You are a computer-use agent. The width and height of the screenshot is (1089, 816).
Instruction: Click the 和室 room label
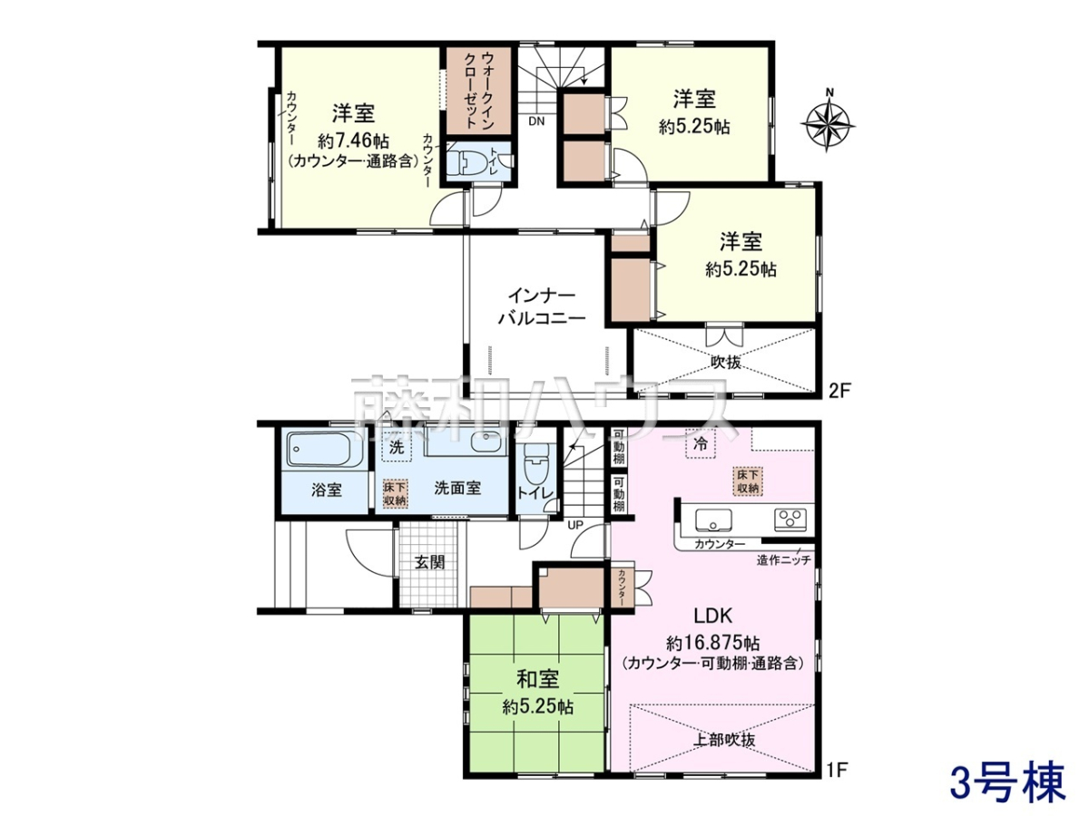(538, 679)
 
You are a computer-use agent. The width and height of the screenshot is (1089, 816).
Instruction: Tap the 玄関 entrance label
(429, 562)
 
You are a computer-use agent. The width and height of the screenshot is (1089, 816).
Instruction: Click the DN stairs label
(536, 121)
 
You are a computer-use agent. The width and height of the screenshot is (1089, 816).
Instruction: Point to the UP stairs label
(575, 525)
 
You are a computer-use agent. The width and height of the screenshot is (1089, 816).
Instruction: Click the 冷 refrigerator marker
(701, 445)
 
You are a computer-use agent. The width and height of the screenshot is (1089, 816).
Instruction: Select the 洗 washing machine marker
(397, 447)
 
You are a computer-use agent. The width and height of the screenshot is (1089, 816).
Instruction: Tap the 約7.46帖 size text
(353, 141)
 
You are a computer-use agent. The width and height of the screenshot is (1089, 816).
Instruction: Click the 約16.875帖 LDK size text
(713, 644)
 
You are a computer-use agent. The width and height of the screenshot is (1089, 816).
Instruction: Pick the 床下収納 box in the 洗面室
(396, 494)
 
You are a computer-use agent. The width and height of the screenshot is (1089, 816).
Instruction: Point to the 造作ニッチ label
(783, 560)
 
